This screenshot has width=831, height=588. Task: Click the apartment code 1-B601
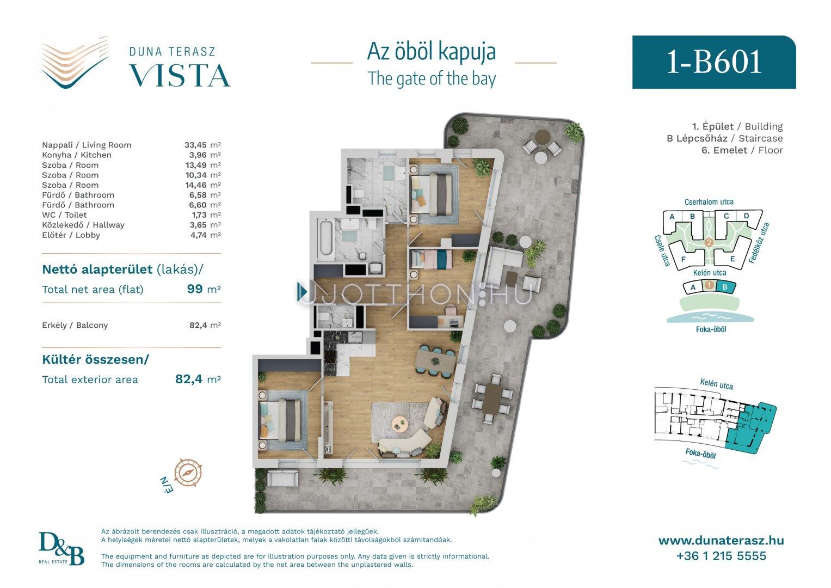(714, 62)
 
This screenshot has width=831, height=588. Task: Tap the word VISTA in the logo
(180, 76)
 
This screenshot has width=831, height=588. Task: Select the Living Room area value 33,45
(195, 145)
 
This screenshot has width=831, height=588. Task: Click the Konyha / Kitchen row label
(76, 155)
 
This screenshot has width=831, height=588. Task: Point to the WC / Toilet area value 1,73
(199, 215)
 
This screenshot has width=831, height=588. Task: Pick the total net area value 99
(195, 289)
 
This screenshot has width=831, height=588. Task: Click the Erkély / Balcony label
(75, 325)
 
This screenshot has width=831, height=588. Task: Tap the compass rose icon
(188, 473)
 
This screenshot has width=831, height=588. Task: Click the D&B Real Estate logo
(61, 548)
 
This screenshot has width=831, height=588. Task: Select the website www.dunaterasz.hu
(721, 541)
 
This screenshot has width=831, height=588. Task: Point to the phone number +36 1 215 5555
(721, 556)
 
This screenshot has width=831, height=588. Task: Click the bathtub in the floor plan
(326, 237)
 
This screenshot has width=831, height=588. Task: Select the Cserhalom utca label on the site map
(709, 202)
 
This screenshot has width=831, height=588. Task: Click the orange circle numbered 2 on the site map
(709, 243)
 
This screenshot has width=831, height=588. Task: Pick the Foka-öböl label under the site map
(711, 329)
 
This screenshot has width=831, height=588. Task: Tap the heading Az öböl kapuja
(432, 52)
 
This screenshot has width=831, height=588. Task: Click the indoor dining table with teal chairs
(435, 361)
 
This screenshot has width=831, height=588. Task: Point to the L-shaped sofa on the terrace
(503, 266)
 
